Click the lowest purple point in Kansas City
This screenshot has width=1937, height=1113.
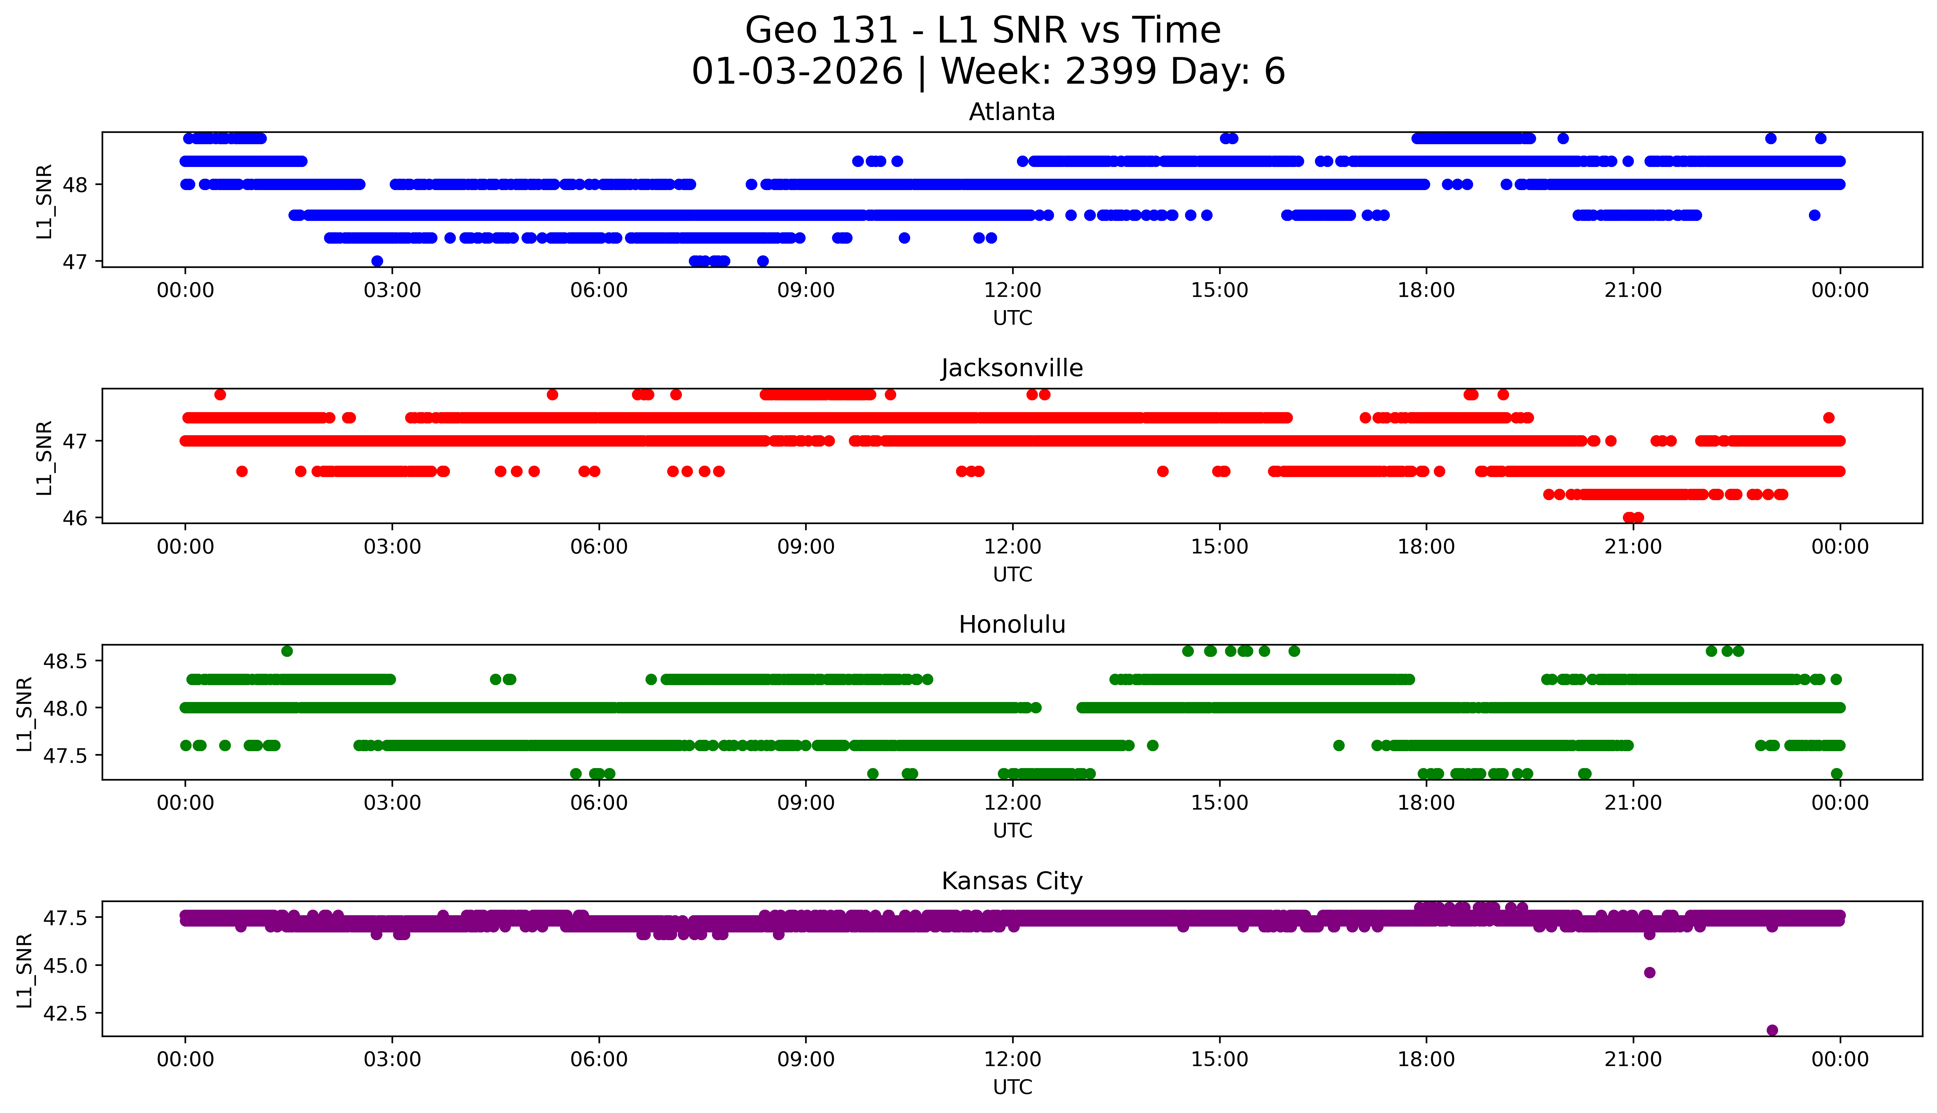point(1772,1030)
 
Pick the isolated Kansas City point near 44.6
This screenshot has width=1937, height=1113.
point(1649,972)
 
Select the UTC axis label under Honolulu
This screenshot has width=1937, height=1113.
point(1012,830)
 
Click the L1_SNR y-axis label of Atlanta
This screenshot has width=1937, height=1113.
point(44,201)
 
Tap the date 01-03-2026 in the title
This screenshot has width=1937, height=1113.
point(797,72)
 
